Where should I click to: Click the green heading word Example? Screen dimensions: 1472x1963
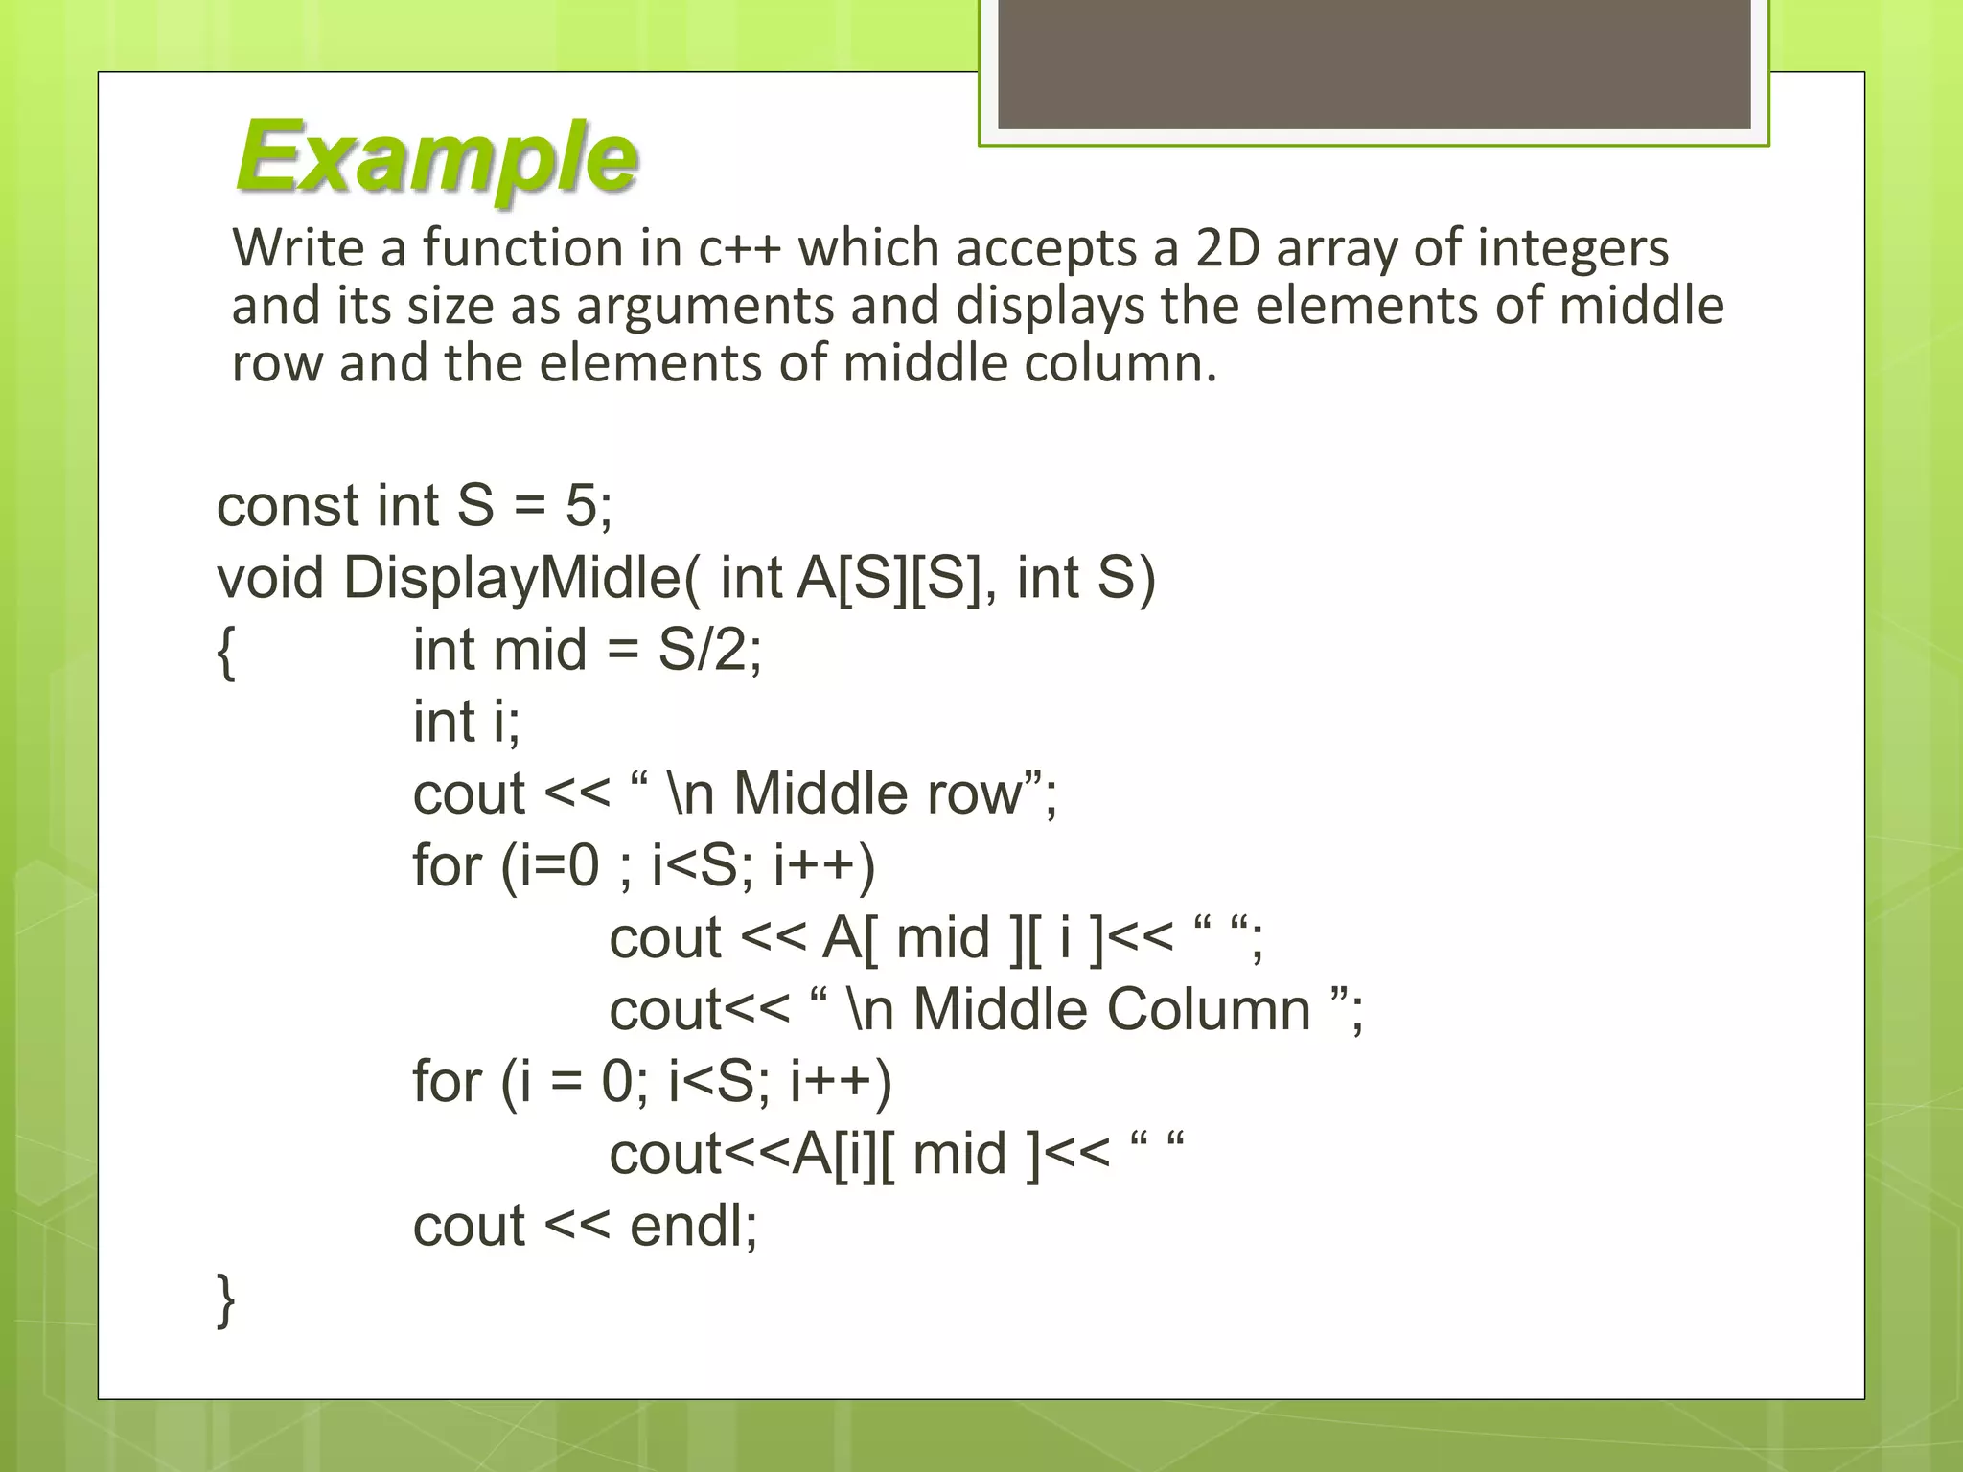[436, 156]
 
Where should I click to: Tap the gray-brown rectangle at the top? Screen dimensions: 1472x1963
[1374, 64]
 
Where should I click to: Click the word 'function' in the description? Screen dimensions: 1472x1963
[522, 248]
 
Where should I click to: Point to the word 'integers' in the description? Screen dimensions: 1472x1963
[1573, 248]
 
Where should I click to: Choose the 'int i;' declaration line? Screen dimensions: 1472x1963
[467, 722]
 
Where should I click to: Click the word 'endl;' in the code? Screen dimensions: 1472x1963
[693, 1226]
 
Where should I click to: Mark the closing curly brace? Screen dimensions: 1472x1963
[226, 1299]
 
